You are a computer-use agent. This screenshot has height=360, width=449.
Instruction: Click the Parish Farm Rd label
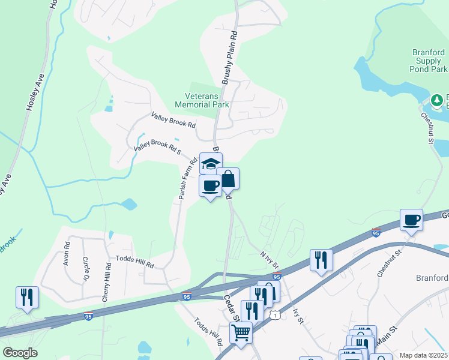click(x=187, y=179)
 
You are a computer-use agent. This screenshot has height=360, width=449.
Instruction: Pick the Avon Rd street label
click(x=67, y=254)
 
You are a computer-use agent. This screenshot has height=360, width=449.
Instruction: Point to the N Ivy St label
click(x=270, y=259)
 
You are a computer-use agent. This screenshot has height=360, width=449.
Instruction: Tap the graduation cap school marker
click(x=211, y=163)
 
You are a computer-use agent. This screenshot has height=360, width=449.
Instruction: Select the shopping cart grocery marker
click(x=241, y=332)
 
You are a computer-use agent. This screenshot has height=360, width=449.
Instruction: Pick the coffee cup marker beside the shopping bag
click(x=210, y=185)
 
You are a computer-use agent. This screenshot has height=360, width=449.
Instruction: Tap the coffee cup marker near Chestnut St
click(x=412, y=220)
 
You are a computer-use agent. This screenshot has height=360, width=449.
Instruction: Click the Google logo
click(x=20, y=353)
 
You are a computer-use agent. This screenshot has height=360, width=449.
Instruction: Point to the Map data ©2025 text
click(x=423, y=355)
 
